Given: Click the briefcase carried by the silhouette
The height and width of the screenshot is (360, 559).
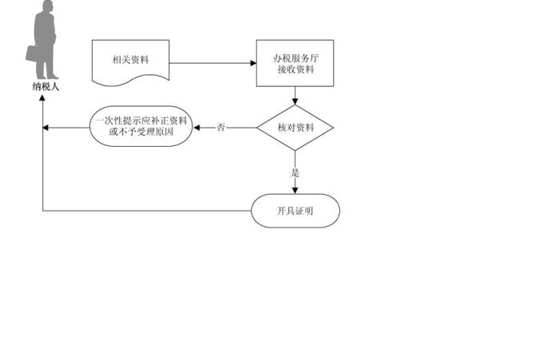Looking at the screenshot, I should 32,53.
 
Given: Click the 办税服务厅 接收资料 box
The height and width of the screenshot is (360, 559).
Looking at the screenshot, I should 295,64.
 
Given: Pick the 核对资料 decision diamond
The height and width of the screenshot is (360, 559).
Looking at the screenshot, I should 295,128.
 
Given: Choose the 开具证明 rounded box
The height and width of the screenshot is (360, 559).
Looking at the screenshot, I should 295,211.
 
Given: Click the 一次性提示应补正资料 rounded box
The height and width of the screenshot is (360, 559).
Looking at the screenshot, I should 141,127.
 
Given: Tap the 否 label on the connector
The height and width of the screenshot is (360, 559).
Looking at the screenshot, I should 221,128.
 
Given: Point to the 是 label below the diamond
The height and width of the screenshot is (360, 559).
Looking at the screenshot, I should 295,172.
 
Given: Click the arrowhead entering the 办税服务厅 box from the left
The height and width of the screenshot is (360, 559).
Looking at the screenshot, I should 252,64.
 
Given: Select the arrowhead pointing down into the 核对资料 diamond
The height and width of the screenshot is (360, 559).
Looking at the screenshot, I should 295,102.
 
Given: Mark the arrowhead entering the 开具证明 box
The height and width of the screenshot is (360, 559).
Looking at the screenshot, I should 295,190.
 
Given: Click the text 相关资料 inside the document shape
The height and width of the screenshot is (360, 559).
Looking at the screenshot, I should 131,59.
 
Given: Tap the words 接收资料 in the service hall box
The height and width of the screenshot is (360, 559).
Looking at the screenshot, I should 295,70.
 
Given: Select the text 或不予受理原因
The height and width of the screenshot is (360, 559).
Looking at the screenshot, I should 141,133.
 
